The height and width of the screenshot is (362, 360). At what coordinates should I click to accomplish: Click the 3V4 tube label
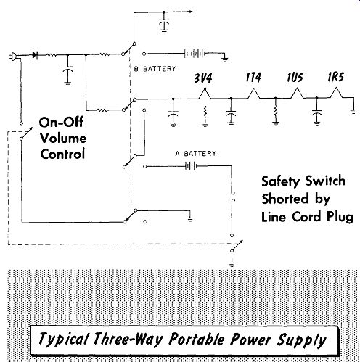(203, 78)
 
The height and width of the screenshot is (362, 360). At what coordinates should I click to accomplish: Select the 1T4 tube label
(253, 78)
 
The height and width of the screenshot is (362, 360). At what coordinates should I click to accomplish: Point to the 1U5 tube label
(295, 78)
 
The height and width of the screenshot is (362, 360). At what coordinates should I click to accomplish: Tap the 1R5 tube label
(335, 77)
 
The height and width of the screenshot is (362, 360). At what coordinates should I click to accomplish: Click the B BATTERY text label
(155, 69)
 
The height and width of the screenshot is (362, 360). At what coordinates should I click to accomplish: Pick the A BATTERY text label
(196, 154)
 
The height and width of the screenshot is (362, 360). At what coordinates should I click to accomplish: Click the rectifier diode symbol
(35, 55)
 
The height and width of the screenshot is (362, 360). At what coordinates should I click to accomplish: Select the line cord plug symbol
(13, 57)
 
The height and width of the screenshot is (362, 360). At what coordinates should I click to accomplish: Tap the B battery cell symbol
(194, 53)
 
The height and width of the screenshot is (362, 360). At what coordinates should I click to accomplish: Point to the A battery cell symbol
(191, 166)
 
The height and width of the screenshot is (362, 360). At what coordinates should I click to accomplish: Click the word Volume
(63, 139)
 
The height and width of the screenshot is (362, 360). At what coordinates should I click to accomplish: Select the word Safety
(281, 181)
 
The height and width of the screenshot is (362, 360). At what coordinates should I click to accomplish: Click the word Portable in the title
(197, 339)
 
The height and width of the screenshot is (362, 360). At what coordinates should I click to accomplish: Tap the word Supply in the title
(301, 340)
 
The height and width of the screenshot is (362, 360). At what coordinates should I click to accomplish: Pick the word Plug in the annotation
(340, 217)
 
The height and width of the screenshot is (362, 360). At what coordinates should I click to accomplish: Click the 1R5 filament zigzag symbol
(336, 93)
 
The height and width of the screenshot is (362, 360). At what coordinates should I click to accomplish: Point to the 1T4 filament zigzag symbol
(253, 94)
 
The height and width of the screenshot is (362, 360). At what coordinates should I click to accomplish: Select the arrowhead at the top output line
(191, 12)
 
